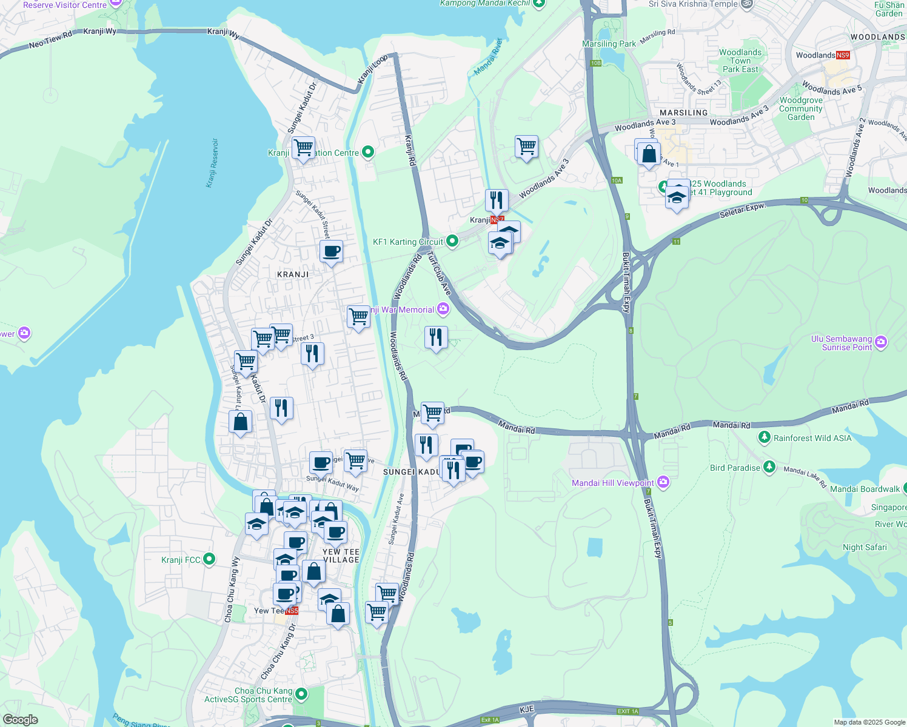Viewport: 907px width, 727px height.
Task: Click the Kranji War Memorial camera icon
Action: click(x=443, y=310)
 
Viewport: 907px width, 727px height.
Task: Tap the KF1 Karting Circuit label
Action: click(x=407, y=242)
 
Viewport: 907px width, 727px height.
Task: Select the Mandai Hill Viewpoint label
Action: click(x=612, y=483)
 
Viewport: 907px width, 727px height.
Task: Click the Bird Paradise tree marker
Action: click(x=769, y=467)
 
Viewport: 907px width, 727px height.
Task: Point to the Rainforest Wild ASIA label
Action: click(x=812, y=438)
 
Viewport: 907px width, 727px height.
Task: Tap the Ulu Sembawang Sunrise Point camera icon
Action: click(x=881, y=342)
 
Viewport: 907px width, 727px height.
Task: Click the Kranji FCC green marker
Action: click(x=209, y=559)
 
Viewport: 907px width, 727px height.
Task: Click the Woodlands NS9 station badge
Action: click(x=843, y=55)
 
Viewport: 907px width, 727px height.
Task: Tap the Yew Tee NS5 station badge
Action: click(x=292, y=611)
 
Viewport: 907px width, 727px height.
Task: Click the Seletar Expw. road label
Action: click(x=743, y=211)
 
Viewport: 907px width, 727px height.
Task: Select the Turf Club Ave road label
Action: click(x=439, y=274)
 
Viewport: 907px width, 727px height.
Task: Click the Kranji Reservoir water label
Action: click(x=212, y=162)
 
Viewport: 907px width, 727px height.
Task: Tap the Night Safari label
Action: click(x=865, y=547)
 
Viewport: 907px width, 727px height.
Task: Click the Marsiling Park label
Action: click(x=609, y=44)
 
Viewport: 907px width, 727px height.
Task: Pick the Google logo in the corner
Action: click(x=20, y=720)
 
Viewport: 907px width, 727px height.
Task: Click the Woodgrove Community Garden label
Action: click(x=801, y=109)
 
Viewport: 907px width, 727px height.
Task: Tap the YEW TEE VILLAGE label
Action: click(x=341, y=556)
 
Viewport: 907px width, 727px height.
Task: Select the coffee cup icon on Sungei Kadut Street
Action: click(x=331, y=251)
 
